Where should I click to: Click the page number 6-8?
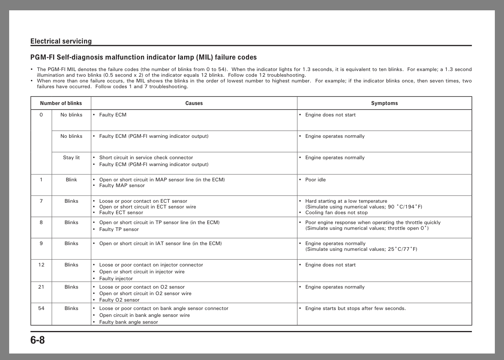tap(37, 340)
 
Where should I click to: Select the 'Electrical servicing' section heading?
tap(61, 41)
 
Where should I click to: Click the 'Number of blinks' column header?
tap(61, 103)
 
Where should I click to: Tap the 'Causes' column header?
tap(194, 103)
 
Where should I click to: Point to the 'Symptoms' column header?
tap(384, 103)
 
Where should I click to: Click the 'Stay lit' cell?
tap(71, 158)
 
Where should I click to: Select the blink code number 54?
tap(41, 308)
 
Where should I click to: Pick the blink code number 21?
tap(41, 287)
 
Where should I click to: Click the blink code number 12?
tap(41, 265)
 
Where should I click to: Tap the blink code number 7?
tap(41, 201)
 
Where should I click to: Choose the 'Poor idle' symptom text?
tap(315, 180)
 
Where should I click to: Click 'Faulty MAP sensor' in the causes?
tap(122, 186)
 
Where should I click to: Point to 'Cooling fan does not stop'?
tap(336, 213)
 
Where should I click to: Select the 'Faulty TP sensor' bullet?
tap(119, 229)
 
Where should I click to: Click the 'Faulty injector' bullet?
tap(116, 279)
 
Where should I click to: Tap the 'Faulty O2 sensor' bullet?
tap(119, 300)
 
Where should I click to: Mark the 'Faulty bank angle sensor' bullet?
tap(128, 322)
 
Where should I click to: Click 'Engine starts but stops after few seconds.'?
tap(355, 308)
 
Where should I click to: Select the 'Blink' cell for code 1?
tap(71, 180)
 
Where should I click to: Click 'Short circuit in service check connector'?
tap(146, 158)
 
